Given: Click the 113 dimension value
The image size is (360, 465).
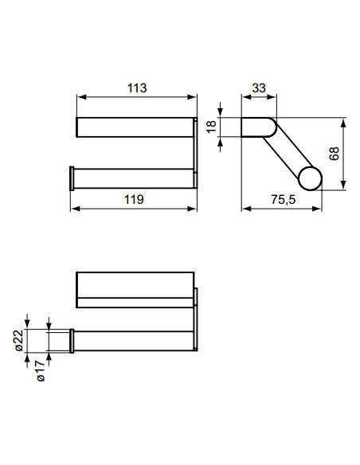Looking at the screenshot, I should [136, 88].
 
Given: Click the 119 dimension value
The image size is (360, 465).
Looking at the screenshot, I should [133, 199].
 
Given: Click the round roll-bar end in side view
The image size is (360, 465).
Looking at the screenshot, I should [311, 178].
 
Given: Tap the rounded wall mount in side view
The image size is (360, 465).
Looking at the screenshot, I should [256, 127].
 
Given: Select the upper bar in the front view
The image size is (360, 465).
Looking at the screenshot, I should [134, 127].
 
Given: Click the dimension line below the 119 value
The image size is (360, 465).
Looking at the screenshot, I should [134, 209].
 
